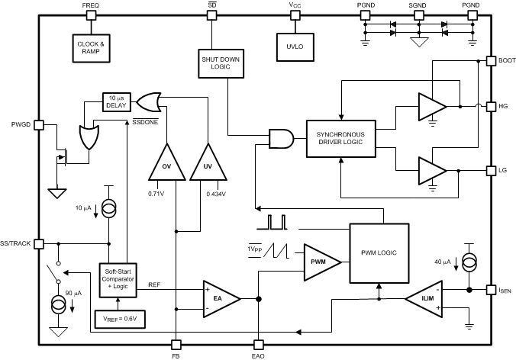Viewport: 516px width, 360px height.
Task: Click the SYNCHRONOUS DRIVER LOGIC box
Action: tap(340, 138)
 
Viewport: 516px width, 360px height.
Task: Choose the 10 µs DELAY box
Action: tap(117, 101)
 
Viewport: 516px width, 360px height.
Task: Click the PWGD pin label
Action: tap(21, 123)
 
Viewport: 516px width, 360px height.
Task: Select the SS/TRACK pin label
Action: tap(18, 243)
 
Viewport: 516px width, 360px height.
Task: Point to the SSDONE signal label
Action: tap(145, 122)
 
